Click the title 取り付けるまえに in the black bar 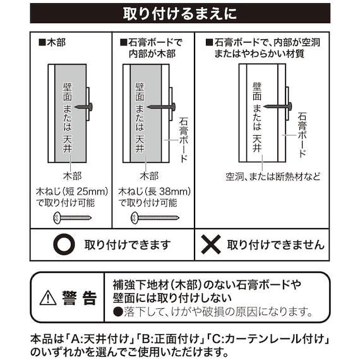click(179, 13)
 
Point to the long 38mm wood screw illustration click(154, 218)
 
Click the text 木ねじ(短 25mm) click(72, 191)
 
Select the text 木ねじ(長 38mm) click(155, 191)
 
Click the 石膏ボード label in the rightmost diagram click(302, 135)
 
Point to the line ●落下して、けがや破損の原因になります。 click(213, 311)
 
